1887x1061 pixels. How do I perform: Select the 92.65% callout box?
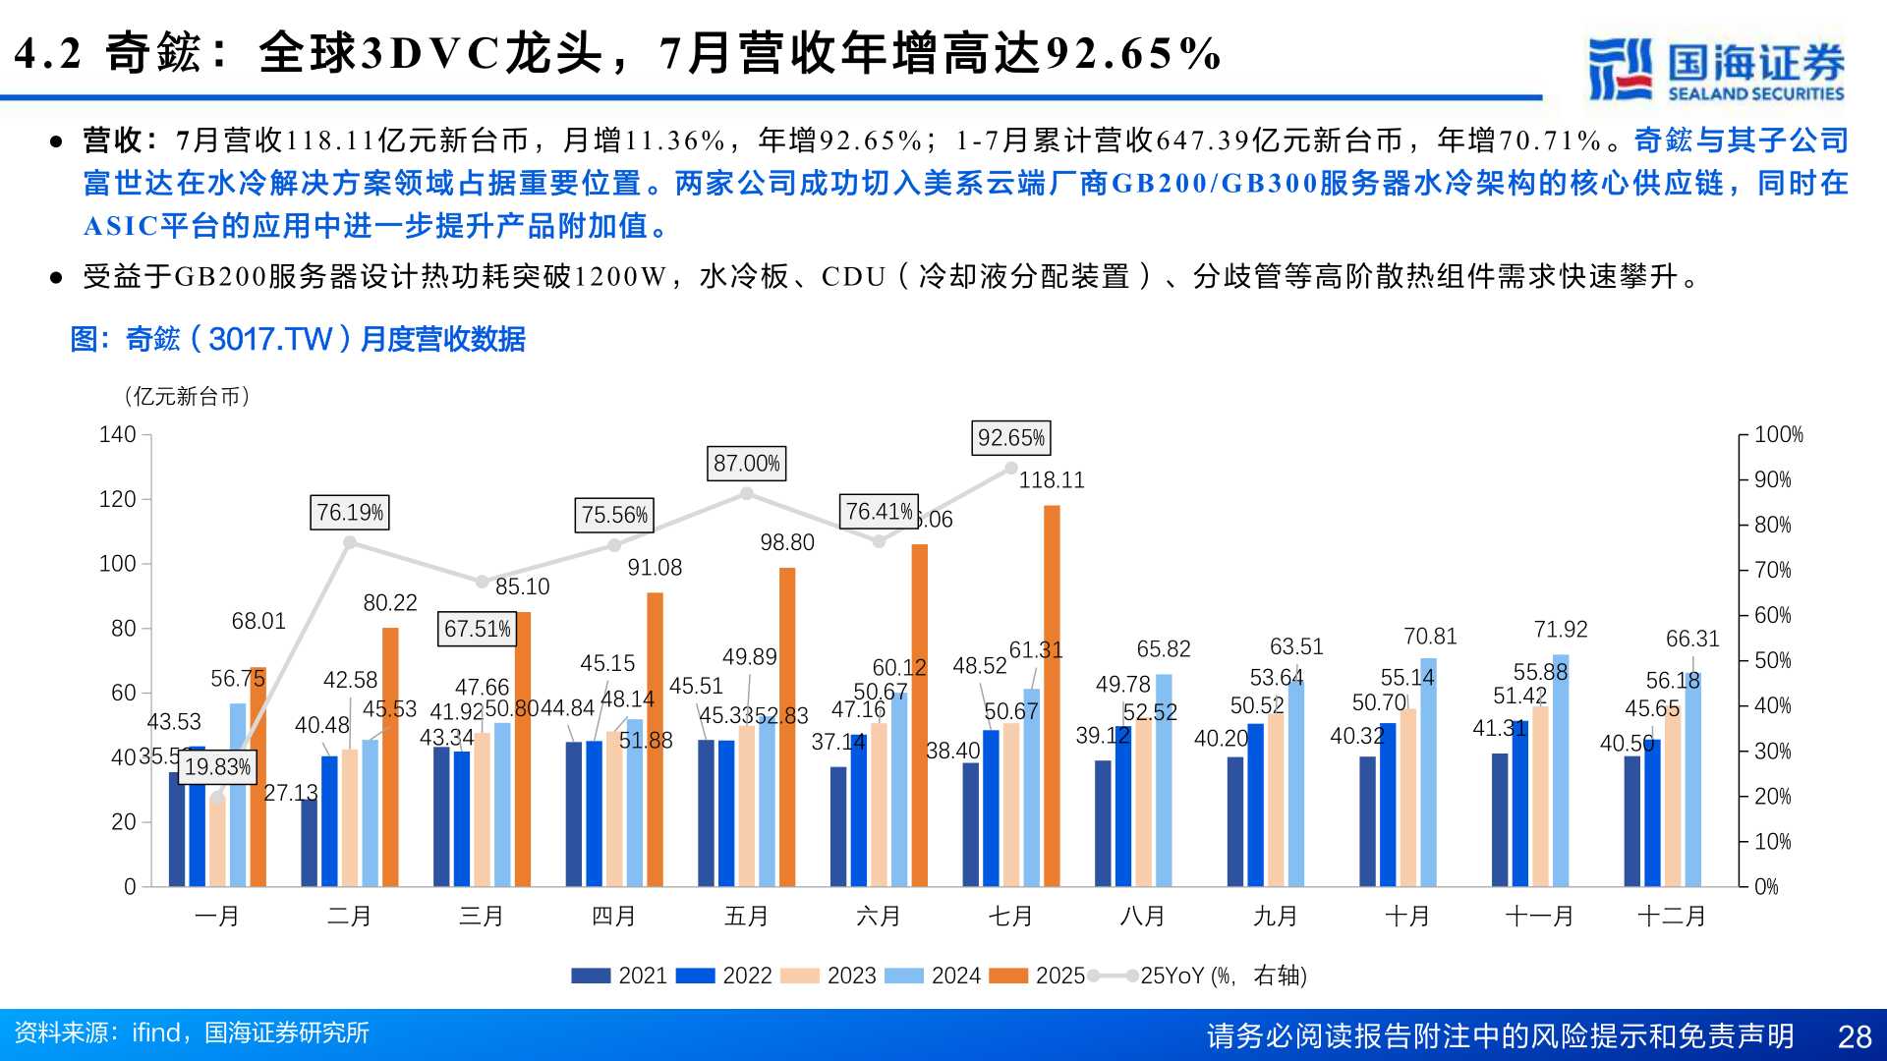pos(1011,438)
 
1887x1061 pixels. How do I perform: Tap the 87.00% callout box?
pos(747,464)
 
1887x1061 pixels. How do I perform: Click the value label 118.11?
pos(1052,480)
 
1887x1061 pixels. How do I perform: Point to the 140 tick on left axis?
pos(117,434)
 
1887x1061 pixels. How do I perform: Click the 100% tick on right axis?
pos(1778,434)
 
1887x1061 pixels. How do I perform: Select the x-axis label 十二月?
pos(1672,917)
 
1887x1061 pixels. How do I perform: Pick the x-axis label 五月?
pos(746,917)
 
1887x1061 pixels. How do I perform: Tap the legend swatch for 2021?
pos(591,976)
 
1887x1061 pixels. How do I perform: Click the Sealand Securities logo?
pos(1716,69)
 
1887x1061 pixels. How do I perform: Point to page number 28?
pos(1854,1036)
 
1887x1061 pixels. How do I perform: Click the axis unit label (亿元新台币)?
pos(187,396)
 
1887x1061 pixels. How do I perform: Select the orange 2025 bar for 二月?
pos(390,756)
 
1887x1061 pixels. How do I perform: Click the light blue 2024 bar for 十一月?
pos(1561,770)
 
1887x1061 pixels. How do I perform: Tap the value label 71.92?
pos(1561,630)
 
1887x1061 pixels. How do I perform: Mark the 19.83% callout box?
pos(218,767)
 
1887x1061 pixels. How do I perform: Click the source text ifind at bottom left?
pos(156,1033)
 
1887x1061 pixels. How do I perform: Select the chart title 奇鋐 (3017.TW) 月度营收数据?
pos(298,339)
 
